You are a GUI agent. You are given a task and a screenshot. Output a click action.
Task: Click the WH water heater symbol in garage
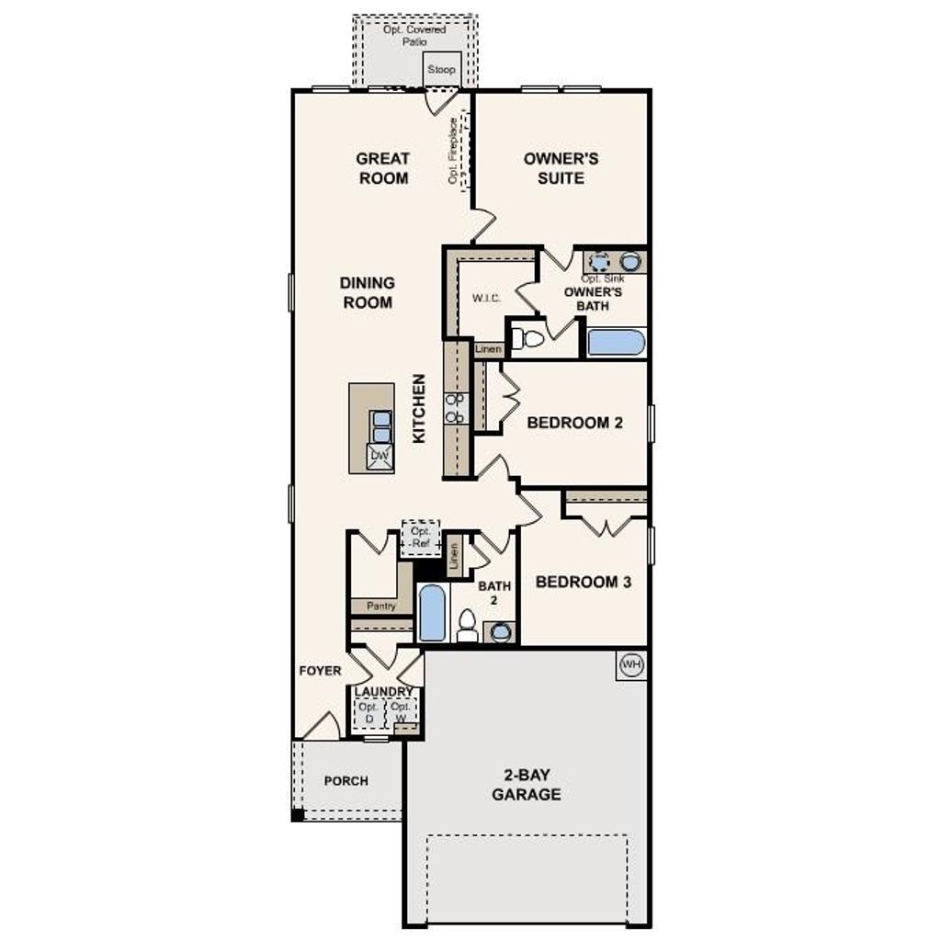pyautogui.click(x=630, y=664)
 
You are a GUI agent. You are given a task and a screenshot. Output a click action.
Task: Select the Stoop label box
pyautogui.click(x=441, y=70)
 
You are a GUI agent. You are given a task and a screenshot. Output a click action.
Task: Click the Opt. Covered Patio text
pyautogui.click(x=414, y=36)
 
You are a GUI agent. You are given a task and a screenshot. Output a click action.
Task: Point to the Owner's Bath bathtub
pyautogui.click(x=616, y=342)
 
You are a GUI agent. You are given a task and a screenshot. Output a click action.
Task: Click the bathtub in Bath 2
pyautogui.click(x=432, y=613)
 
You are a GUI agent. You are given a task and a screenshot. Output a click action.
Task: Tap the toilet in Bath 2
pyautogui.click(x=468, y=625)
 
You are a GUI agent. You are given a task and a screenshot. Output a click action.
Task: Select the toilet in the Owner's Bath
pyautogui.click(x=527, y=339)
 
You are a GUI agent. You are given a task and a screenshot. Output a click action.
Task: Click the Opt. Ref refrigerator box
pyautogui.click(x=421, y=538)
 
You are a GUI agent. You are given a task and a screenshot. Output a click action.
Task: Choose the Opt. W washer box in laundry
pyautogui.click(x=400, y=712)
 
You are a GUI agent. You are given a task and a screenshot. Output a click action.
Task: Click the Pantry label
pyautogui.click(x=380, y=607)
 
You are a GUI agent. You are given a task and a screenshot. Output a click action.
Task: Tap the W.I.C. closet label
pyautogui.click(x=486, y=298)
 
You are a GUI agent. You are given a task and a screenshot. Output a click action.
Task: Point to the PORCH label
pyautogui.click(x=346, y=781)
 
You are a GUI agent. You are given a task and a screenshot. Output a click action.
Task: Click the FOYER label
pyautogui.click(x=320, y=671)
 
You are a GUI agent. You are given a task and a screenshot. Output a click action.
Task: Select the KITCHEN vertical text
pyautogui.click(x=419, y=409)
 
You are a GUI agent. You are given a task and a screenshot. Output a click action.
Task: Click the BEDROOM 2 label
pyautogui.click(x=574, y=423)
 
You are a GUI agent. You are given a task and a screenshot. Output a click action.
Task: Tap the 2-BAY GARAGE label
pyautogui.click(x=526, y=786)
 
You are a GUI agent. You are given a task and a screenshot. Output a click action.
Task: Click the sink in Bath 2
pyautogui.click(x=501, y=631)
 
